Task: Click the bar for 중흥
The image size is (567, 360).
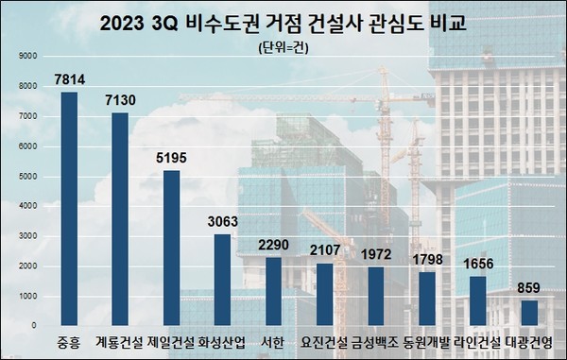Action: point(69,209)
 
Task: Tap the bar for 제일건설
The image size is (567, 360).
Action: point(171,249)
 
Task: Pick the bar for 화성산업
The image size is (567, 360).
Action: point(222,280)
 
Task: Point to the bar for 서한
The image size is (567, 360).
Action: point(273,292)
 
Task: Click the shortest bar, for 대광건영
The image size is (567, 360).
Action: point(528,313)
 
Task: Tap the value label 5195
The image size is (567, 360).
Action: point(170,159)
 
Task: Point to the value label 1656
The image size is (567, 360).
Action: point(476,264)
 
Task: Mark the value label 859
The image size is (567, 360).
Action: point(528,288)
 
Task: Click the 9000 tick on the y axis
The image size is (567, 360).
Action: point(26,56)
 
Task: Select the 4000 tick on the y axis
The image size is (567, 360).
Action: point(26,206)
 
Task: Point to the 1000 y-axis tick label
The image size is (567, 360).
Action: point(26,296)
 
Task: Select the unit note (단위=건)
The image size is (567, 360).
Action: point(283,45)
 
